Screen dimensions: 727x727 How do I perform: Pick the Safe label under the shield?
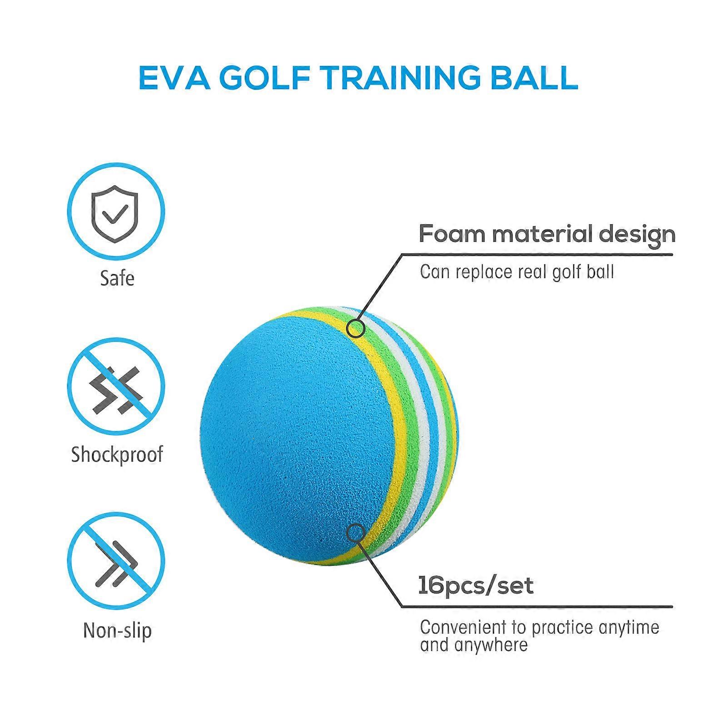[x=117, y=278]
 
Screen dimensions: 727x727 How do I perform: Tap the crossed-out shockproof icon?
[x=116, y=386]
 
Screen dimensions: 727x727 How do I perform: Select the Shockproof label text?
[x=117, y=455]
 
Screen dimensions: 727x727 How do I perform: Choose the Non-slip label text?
[x=117, y=631]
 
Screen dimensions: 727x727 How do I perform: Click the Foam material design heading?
[x=547, y=234]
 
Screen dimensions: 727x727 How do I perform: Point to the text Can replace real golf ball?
[x=517, y=272]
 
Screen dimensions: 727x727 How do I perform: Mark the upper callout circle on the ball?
[x=355, y=328]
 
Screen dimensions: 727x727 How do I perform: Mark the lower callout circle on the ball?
[x=355, y=533]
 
